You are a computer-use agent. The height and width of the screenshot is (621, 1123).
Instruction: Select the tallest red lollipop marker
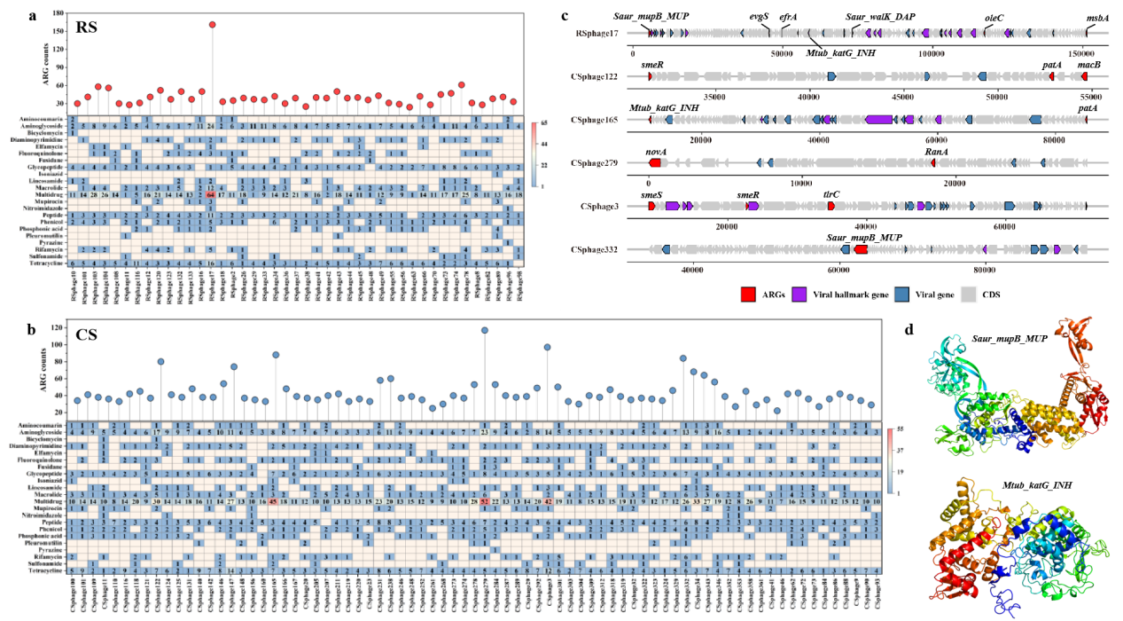click(x=213, y=25)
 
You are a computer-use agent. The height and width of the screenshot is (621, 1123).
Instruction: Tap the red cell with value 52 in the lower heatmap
click(x=485, y=501)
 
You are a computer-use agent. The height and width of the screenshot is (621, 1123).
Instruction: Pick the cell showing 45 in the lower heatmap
click(x=275, y=501)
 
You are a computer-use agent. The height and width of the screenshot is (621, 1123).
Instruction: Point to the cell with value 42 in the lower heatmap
click(x=549, y=501)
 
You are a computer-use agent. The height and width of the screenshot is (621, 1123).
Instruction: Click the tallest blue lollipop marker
click(x=485, y=330)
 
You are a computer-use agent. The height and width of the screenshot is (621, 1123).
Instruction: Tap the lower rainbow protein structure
click(x=1019, y=541)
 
